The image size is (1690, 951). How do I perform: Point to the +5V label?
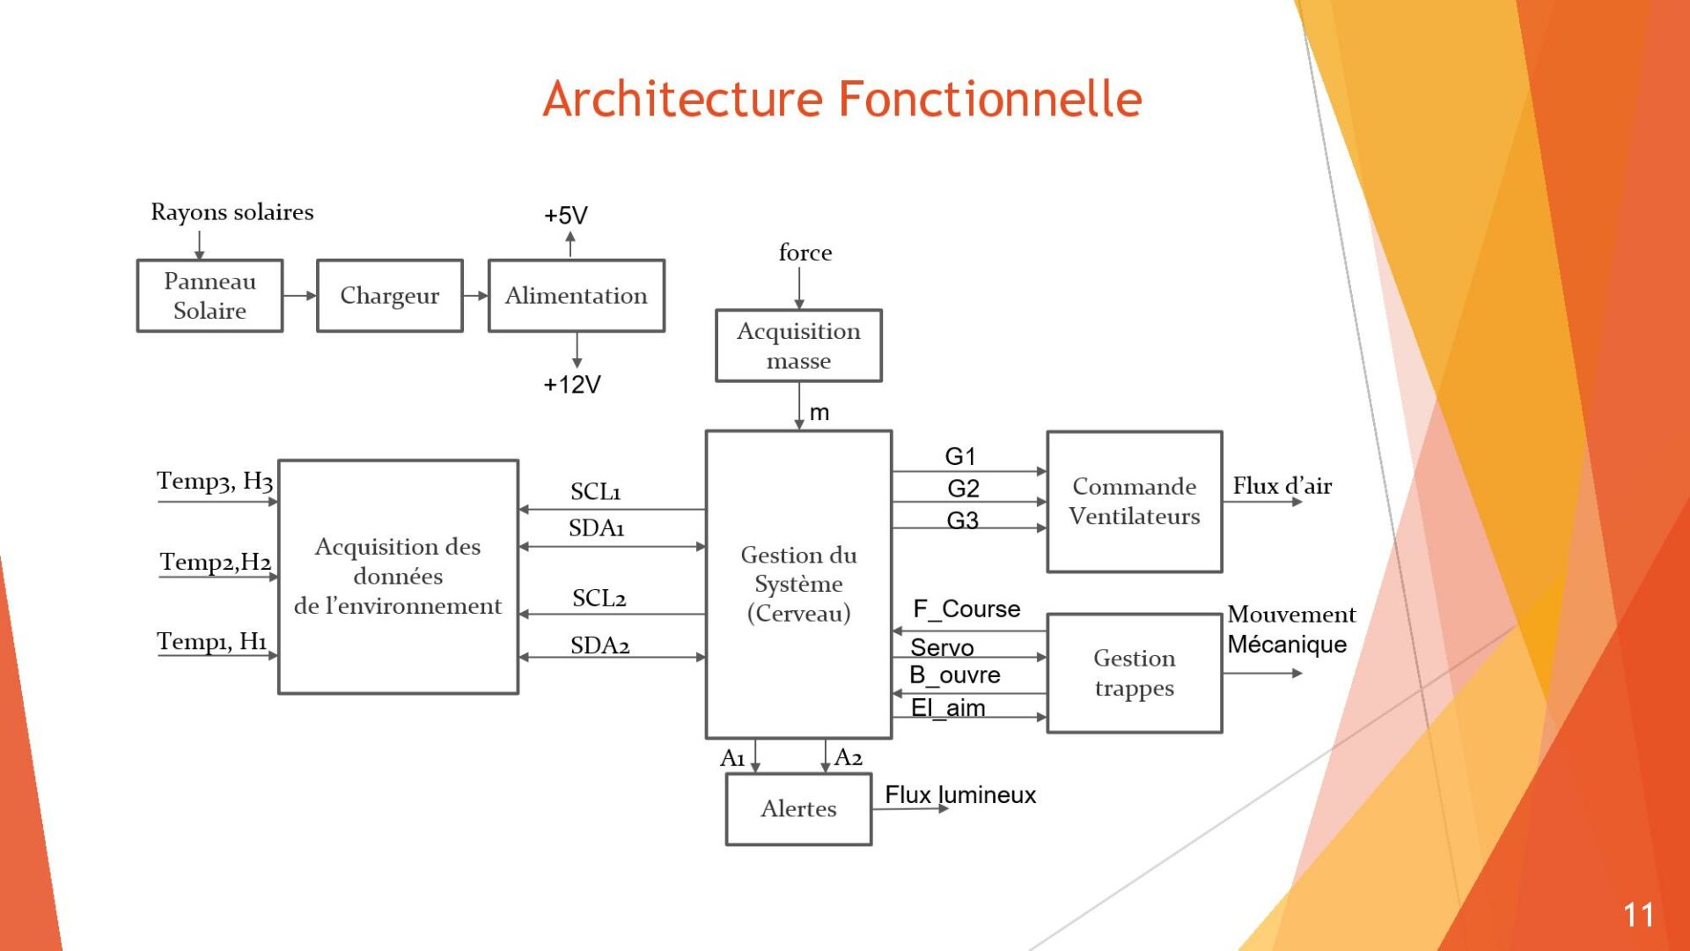pyautogui.click(x=566, y=216)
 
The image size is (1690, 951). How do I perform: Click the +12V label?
pyautogui.click(x=572, y=385)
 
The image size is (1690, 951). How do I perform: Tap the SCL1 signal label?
pyautogui.click(x=596, y=491)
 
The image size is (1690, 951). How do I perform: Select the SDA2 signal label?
pyautogui.click(x=600, y=645)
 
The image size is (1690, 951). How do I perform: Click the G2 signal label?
pyautogui.click(x=963, y=489)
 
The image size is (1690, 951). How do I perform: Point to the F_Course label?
pyautogui.click(x=966, y=609)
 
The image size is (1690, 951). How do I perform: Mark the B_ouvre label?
pyautogui.click(x=955, y=675)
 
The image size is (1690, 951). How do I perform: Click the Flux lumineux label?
pyautogui.click(x=960, y=795)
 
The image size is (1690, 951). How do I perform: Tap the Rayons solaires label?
pyautogui.click(x=232, y=212)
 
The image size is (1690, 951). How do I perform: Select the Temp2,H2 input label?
pyautogui.click(x=216, y=562)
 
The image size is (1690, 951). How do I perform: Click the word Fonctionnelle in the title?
pyautogui.click(x=990, y=99)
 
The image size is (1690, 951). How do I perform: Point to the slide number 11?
pyautogui.click(x=1638, y=915)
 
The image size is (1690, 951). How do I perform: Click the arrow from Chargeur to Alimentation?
pyautogui.click(x=476, y=296)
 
